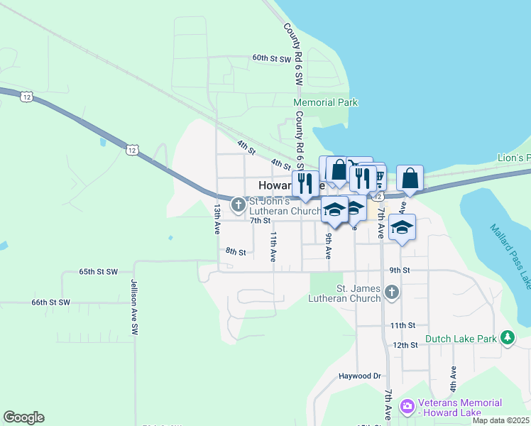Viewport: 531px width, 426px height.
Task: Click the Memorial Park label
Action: click(x=326, y=102)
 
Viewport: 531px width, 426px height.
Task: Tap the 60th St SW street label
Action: click(x=272, y=59)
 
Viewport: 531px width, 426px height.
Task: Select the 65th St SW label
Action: click(x=98, y=272)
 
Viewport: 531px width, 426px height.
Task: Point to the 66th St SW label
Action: click(x=51, y=302)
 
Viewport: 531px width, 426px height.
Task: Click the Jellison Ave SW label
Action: click(x=133, y=307)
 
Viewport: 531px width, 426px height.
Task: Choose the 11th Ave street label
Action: click(x=273, y=246)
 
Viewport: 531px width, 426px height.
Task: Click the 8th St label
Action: click(x=236, y=251)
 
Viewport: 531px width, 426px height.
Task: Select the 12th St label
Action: click(x=405, y=344)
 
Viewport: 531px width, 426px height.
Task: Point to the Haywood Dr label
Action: click(x=360, y=376)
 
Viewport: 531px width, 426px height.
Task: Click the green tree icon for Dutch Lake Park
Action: click(x=508, y=338)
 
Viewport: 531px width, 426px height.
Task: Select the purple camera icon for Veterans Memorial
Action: click(x=407, y=406)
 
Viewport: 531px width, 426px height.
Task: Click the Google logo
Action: click(x=23, y=417)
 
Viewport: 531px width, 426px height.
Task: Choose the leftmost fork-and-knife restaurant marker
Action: click(x=305, y=183)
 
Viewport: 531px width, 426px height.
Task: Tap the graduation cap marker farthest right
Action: click(x=403, y=227)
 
